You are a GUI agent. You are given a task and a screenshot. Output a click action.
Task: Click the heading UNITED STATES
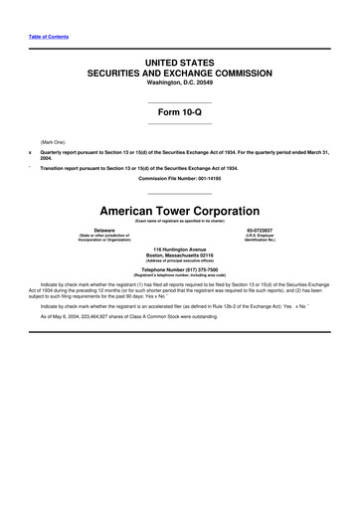[x=180, y=62]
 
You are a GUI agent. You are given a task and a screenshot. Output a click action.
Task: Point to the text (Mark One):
[x=53, y=142]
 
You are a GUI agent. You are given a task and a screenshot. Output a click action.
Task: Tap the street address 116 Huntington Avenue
[x=180, y=249]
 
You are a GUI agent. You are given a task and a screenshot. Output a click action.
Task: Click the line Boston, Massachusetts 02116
[x=180, y=255]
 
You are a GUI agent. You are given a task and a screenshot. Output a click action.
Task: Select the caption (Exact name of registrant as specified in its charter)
[x=180, y=221]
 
